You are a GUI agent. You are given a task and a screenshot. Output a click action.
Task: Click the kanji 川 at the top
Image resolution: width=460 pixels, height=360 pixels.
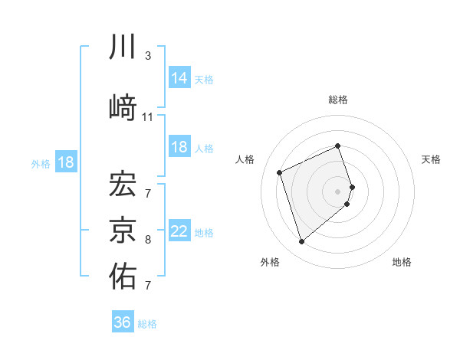[x=123, y=47]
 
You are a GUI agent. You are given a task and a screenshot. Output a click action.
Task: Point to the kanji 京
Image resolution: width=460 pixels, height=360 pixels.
[x=123, y=228]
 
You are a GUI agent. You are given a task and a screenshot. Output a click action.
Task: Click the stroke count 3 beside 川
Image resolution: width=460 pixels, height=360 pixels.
[x=148, y=57]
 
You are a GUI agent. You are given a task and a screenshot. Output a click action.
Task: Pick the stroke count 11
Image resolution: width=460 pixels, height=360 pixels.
[x=148, y=117]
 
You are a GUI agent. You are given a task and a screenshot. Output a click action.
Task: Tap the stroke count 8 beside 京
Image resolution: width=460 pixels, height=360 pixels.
[x=148, y=240]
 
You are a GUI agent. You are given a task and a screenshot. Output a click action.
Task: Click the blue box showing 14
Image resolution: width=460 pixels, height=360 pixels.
[x=179, y=77]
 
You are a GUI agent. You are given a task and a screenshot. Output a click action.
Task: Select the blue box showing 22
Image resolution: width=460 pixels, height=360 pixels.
[x=179, y=231]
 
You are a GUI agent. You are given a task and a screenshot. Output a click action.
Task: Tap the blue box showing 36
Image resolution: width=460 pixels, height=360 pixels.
[x=123, y=322]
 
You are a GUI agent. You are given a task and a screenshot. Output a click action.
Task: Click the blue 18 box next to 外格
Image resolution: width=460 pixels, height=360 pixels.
[x=65, y=162]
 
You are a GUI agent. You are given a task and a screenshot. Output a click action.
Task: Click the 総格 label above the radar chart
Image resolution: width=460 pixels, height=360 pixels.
[x=338, y=100]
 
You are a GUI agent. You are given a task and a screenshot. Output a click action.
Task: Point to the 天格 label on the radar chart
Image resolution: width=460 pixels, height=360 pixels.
[x=431, y=159]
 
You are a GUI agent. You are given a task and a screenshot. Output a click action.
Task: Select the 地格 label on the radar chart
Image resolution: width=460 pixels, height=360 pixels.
[x=402, y=262]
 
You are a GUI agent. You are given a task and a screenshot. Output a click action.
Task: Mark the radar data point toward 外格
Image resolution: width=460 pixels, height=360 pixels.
[x=302, y=242]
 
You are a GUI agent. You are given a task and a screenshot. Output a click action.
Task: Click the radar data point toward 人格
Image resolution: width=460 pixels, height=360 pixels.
[x=281, y=172]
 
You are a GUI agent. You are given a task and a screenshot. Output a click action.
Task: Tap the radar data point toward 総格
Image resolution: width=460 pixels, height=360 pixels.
[x=338, y=146]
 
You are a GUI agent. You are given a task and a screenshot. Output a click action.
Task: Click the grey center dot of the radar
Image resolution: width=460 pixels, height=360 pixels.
[x=338, y=191]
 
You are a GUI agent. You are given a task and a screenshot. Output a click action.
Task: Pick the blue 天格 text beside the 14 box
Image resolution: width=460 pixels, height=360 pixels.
[x=204, y=79]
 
